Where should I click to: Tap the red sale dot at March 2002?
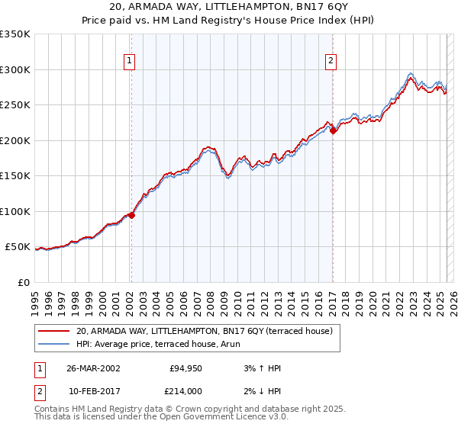click(x=131, y=215)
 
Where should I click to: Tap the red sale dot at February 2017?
click(x=333, y=130)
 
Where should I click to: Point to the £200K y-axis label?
click(x=15, y=140)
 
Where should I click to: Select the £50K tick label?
click(x=18, y=247)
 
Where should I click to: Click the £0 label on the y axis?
click(x=23, y=282)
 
